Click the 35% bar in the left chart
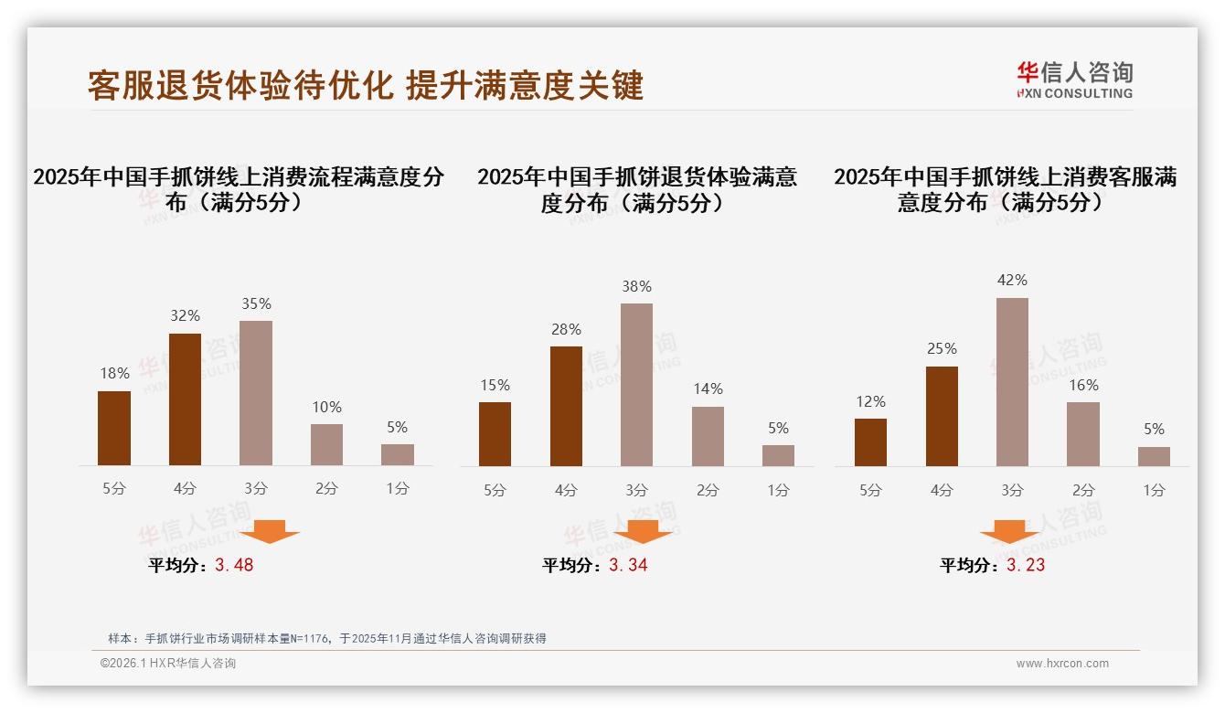[256, 393]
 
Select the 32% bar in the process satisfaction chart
[185, 399]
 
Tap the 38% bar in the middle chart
[636, 385]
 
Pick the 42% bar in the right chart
[1012, 382]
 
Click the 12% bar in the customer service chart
[870, 442]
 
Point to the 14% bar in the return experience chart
[708, 436]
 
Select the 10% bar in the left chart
[326, 444]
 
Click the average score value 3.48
[234, 565]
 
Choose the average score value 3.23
[1026, 565]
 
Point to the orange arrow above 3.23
[1009, 531]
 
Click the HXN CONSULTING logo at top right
[1074, 80]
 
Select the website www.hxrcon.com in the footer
[1062, 664]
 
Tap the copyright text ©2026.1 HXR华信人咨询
[168, 664]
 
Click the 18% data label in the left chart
[114, 373]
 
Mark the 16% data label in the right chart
[1083, 385]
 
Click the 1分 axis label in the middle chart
[778, 490]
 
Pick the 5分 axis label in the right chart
[870, 490]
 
